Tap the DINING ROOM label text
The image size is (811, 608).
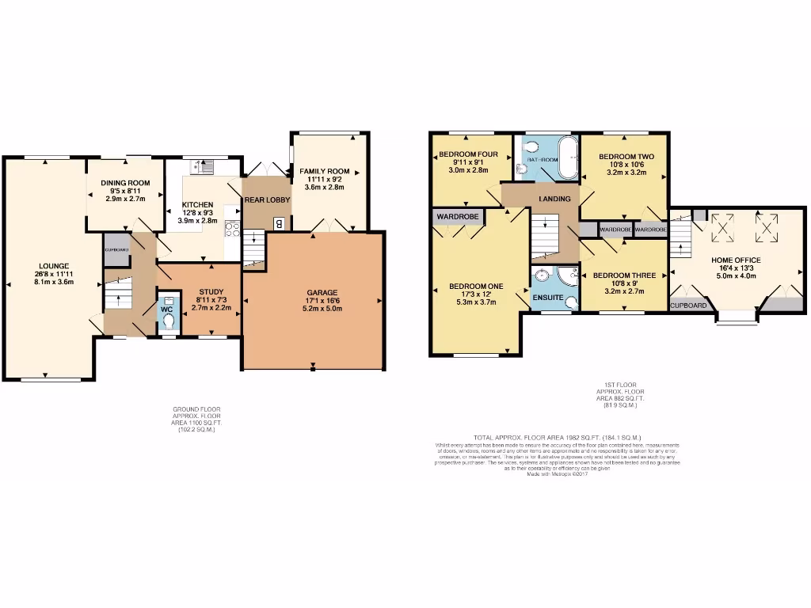[125, 183]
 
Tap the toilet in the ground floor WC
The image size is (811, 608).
[168, 321]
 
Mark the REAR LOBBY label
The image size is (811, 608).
[267, 200]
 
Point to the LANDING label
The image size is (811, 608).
[554, 198]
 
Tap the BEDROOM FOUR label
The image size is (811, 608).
[468, 154]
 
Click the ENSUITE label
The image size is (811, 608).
[547, 298]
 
